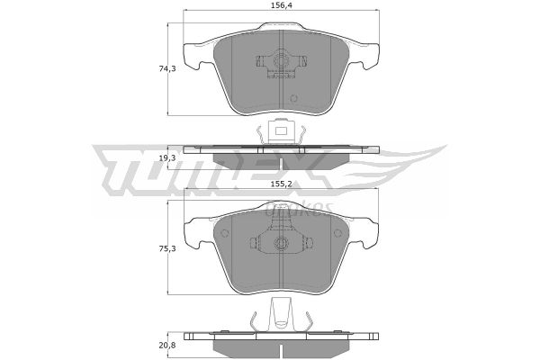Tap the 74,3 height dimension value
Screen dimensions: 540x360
click(x=167, y=68)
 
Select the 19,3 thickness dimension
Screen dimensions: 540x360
click(x=167, y=158)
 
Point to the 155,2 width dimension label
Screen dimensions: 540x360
click(x=281, y=184)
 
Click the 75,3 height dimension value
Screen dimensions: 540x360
click(x=167, y=248)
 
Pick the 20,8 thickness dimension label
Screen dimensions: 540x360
click(x=167, y=345)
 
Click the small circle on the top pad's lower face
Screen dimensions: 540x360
click(x=293, y=98)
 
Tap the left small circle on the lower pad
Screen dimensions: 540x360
click(x=224, y=233)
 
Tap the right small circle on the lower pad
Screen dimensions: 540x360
click(x=337, y=233)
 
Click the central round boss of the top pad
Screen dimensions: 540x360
click(x=281, y=61)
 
